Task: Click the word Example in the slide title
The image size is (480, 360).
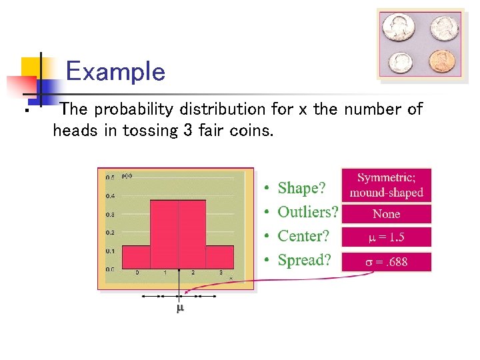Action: tap(115, 71)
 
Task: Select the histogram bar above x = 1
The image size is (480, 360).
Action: tap(164, 234)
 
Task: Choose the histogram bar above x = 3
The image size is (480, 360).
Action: tap(219, 257)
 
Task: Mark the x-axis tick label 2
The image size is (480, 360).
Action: tap(193, 273)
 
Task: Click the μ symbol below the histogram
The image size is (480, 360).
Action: tap(179, 309)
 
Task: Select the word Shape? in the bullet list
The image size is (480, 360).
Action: tap(301, 188)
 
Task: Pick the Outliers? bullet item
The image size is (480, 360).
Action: tap(308, 212)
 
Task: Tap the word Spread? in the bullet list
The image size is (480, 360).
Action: tap(304, 260)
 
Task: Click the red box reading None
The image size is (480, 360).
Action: tap(386, 214)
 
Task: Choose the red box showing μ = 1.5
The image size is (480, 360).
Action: tap(386, 237)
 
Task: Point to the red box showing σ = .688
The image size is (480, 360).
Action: tap(386, 261)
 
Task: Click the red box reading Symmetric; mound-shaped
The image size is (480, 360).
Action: tap(386, 185)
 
